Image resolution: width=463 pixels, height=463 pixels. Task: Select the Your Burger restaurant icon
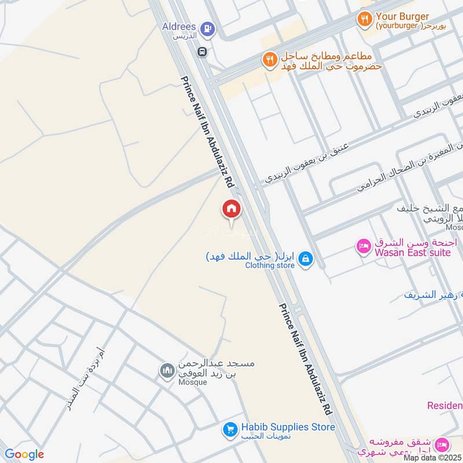click(364, 20)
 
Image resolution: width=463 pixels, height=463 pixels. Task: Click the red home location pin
click(231, 209)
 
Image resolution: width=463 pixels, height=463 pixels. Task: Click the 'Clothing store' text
click(270, 266)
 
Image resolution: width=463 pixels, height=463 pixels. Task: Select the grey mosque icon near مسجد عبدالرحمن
click(167, 370)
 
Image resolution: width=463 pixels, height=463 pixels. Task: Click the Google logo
click(24, 454)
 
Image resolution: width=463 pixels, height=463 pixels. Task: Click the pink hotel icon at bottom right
click(444, 444)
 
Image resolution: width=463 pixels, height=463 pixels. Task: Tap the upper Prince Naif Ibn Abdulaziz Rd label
click(207, 131)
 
